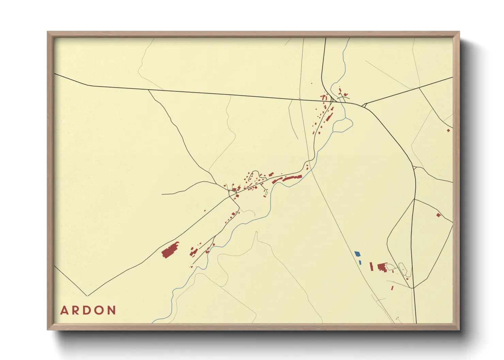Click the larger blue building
click(x=357, y=254)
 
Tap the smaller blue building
click(x=360, y=262)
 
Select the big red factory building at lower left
click(x=170, y=250)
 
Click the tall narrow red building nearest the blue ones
click(x=372, y=266)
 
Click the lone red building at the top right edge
click(x=448, y=130)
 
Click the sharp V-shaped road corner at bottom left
click(x=87, y=296)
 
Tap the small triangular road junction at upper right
click(x=364, y=105)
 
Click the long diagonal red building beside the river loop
click(x=329, y=117)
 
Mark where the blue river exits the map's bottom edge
click(x=154, y=322)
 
